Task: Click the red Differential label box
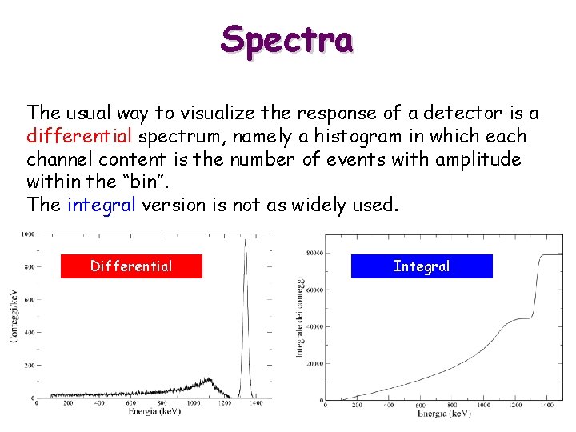point(131,266)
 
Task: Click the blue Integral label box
point(422,266)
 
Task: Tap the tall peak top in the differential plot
point(246,240)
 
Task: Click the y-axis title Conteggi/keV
point(14,316)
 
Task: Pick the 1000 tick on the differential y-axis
point(28,234)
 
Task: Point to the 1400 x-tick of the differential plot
point(256,405)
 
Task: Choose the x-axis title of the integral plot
point(444,414)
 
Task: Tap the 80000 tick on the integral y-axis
point(313,254)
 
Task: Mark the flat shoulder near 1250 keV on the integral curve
point(520,318)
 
